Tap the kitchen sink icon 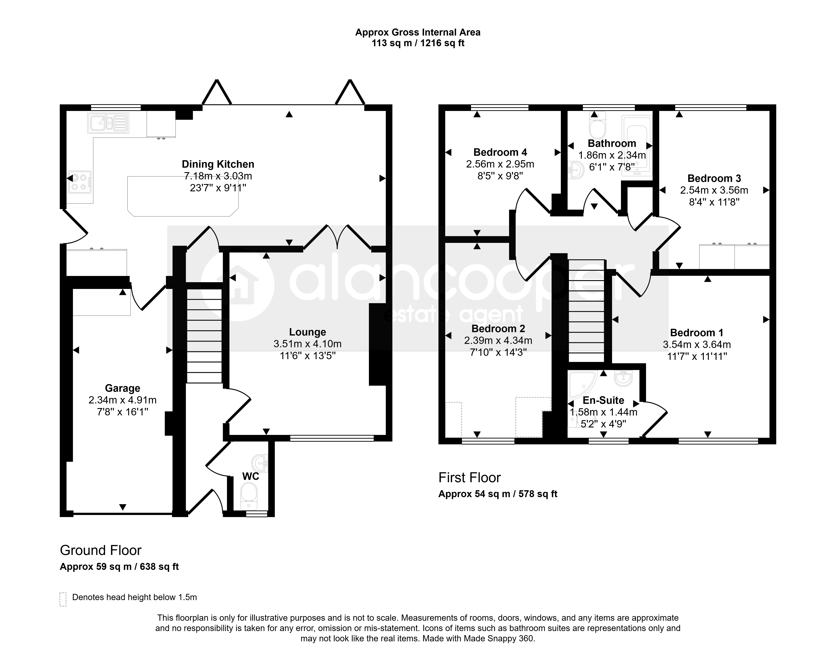point(108,123)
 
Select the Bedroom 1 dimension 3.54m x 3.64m point(697,345)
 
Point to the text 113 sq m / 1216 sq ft point(418,43)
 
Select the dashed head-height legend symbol point(63,599)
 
